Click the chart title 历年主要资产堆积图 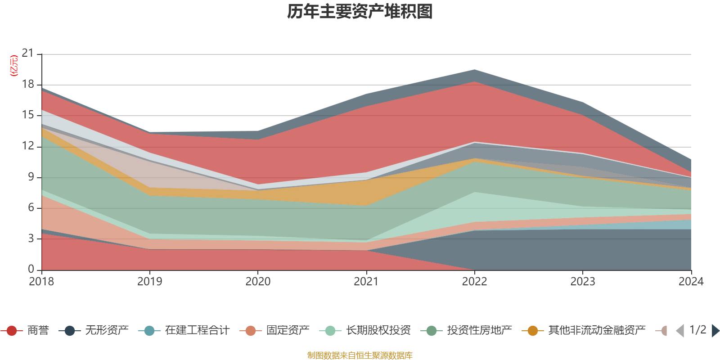[x=360, y=12]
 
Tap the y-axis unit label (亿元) [x=14, y=66]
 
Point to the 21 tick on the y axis [x=28, y=54]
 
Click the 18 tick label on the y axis [x=28, y=84]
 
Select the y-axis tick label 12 [x=28, y=146]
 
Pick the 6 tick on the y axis [x=31, y=207]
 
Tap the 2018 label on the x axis [x=41, y=282]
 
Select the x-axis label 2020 [x=258, y=282]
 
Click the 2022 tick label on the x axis [x=474, y=282]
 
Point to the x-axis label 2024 [x=691, y=282]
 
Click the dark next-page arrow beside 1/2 [x=715, y=331]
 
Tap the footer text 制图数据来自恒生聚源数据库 [x=360, y=355]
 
